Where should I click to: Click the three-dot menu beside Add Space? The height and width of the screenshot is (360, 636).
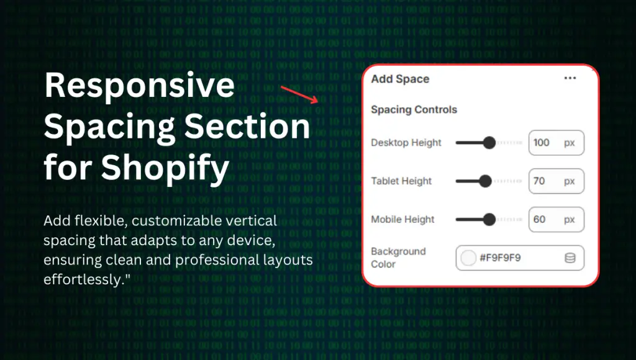(x=570, y=78)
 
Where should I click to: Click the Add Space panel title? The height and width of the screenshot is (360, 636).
(x=400, y=79)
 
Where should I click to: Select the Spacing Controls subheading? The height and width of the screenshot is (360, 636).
(x=414, y=109)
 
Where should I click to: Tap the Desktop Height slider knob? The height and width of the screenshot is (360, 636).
(x=489, y=143)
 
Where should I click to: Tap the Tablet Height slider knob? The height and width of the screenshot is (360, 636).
(x=485, y=181)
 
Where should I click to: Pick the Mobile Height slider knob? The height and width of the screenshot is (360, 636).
(x=489, y=219)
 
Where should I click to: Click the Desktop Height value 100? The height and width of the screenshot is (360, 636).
(x=541, y=143)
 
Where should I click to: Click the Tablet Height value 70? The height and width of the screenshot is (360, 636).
(x=539, y=181)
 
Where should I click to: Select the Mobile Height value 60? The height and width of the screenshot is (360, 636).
(x=540, y=219)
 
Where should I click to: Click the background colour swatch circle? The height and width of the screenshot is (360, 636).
(x=468, y=258)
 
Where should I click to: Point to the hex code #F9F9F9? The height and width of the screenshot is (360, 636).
(x=500, y=258)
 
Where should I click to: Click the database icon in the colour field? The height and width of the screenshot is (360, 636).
(x=570, y=258)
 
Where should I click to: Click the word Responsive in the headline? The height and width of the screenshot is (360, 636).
(x=140, y=86)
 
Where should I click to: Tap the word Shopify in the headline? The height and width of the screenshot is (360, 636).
(x=165, y=168)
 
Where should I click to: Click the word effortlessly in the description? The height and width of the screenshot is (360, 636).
(x=83, y=279)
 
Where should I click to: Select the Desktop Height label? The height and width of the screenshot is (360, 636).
(x=406, y=143)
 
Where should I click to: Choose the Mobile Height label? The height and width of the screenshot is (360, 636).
(x=402, y=219)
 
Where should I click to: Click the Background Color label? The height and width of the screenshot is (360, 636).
(x=398, y=258)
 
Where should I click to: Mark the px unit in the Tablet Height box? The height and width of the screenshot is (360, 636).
(x=570, y=182)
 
